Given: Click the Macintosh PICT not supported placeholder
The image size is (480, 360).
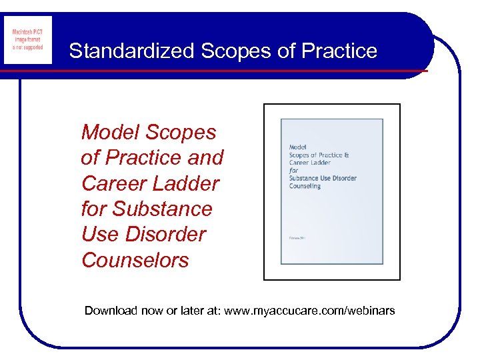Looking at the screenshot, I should [27, 40].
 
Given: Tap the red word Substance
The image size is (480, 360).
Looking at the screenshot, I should [162, 209].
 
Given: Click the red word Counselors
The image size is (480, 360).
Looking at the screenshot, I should [135, 260].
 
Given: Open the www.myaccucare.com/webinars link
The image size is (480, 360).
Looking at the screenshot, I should [309, 311].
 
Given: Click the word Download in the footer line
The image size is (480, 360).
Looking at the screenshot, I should [111, 311].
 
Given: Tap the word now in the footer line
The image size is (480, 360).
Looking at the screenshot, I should [154, 311].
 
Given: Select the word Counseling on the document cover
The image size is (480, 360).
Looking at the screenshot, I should [305, 186].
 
